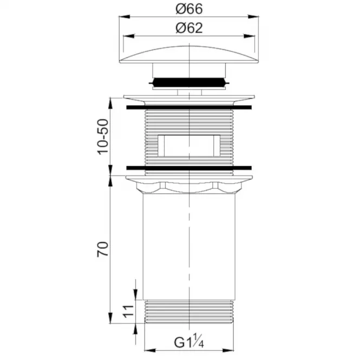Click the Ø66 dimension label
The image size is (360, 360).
(x=189, y=9)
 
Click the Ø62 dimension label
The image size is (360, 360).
(x=189, y=28)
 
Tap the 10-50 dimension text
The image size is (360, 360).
(x=103, y=137)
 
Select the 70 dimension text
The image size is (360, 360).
(x=103, y=249)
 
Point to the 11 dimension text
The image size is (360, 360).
(x=128, y=311)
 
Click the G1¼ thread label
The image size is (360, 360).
(x=189, y=342)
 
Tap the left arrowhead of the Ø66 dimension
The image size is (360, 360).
(x=125, y=17)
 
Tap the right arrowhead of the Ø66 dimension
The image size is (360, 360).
(x=253, y=17)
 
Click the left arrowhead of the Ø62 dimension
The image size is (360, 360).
(x=129, y=36)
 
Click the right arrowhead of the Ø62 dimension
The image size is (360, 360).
(x=250, y=36)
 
